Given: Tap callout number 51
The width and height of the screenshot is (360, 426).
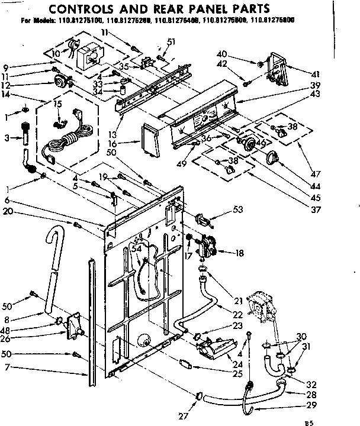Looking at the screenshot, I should coord(172,41).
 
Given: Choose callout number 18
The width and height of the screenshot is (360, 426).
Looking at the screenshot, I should coord(239,253).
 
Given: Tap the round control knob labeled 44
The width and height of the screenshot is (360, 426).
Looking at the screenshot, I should coord(274,157).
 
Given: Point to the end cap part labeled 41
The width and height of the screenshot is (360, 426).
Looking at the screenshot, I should coord(278,67).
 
